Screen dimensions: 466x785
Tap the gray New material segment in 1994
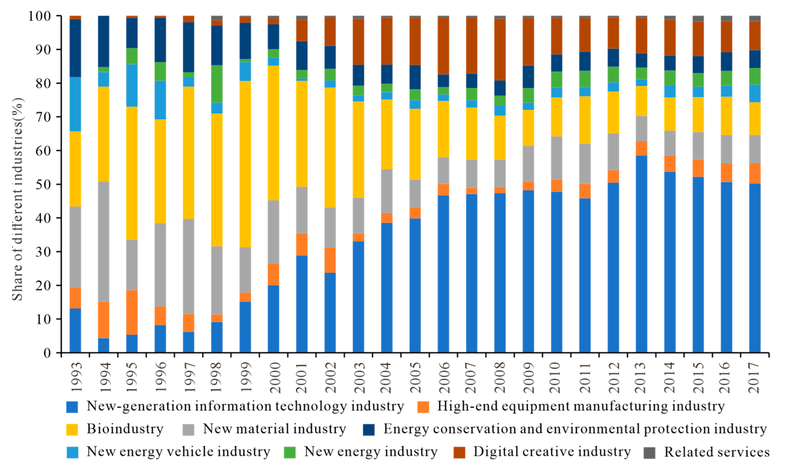tap(104, 241)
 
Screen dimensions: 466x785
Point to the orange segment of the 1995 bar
tap(132, 312)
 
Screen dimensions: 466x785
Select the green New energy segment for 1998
tap(217, 84)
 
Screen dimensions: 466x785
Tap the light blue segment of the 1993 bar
tap(75, 104)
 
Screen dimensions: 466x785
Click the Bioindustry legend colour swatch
tap(72, 429)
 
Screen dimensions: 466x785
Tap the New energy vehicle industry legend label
tap(178, 451)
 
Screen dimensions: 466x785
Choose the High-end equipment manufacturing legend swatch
tap(423, 407)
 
